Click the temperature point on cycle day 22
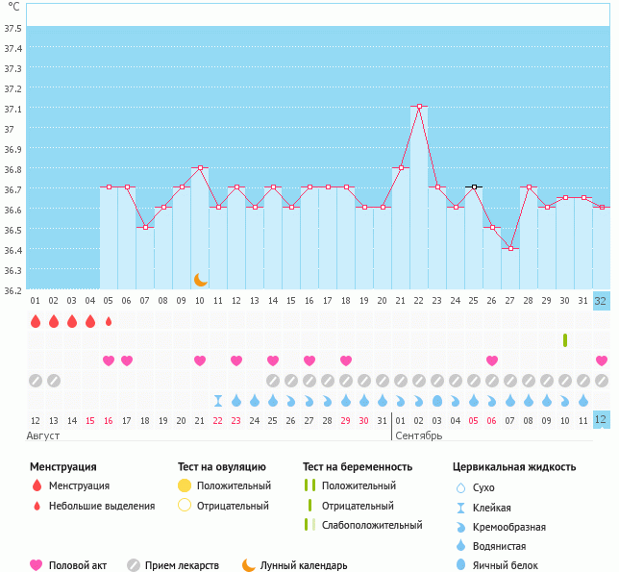point(419,106)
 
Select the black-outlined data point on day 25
point(474,187)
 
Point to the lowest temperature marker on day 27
point(510,248)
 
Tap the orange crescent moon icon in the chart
point(201,280)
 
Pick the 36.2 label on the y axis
point(12,291)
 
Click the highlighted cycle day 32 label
point(601,301)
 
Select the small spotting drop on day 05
point(109,322)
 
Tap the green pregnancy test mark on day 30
point(565,340)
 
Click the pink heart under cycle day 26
point(492,360)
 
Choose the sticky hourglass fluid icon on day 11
point(218,401)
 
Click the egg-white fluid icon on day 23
point(437,401)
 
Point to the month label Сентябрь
point(418,435)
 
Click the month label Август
point(43,435)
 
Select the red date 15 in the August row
point(90,421)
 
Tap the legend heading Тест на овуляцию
point(221,466)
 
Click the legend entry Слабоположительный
point(372,525)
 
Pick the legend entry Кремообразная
point(509,527)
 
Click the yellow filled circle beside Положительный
point(185,485)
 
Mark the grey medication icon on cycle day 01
point(36,381)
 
